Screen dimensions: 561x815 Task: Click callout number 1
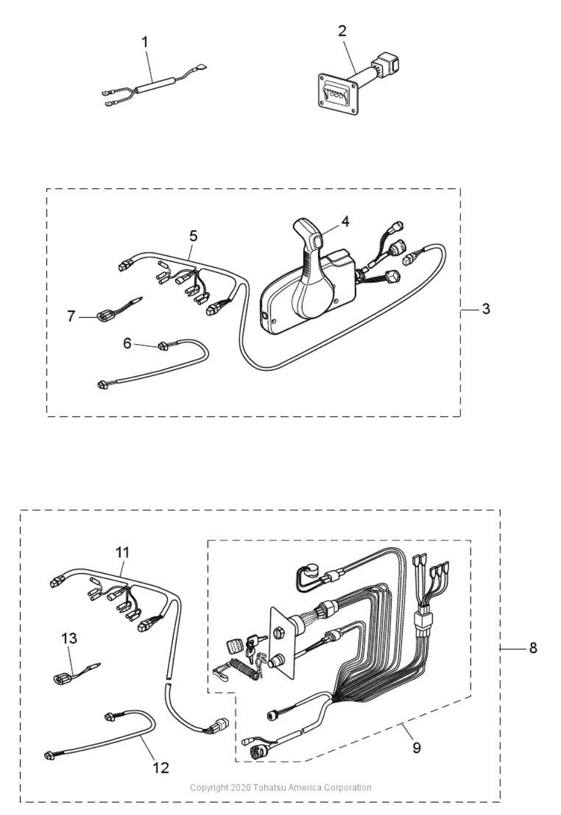(145, 42)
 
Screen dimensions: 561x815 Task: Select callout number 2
(342, 31)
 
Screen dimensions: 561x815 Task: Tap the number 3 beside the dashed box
(486, 309)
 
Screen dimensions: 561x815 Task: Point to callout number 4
(345, 221)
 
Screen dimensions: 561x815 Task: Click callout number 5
(193, 236)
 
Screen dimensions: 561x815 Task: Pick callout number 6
(127, 343)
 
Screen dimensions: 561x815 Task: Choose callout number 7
(71, 316)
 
